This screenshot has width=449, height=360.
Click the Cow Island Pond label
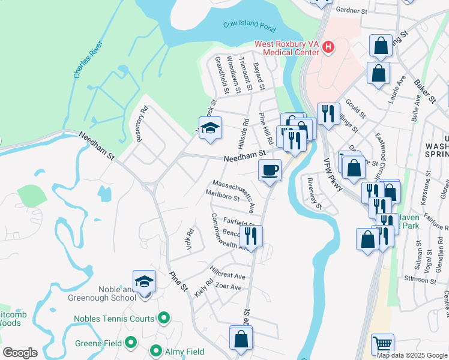[x=250, y=25]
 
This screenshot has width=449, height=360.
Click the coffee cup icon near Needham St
[x=270, y=170]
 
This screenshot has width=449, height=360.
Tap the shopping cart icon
[x=382, y=344]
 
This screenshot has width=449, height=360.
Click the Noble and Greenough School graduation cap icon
[x=144, y=281]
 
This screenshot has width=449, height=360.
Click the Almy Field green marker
[x=156, y=352]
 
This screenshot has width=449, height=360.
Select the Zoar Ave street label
[x=228, y=287]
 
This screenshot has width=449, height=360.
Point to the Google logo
[x=20, y=352]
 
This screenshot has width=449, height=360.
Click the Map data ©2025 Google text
[x=412, y=355]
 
